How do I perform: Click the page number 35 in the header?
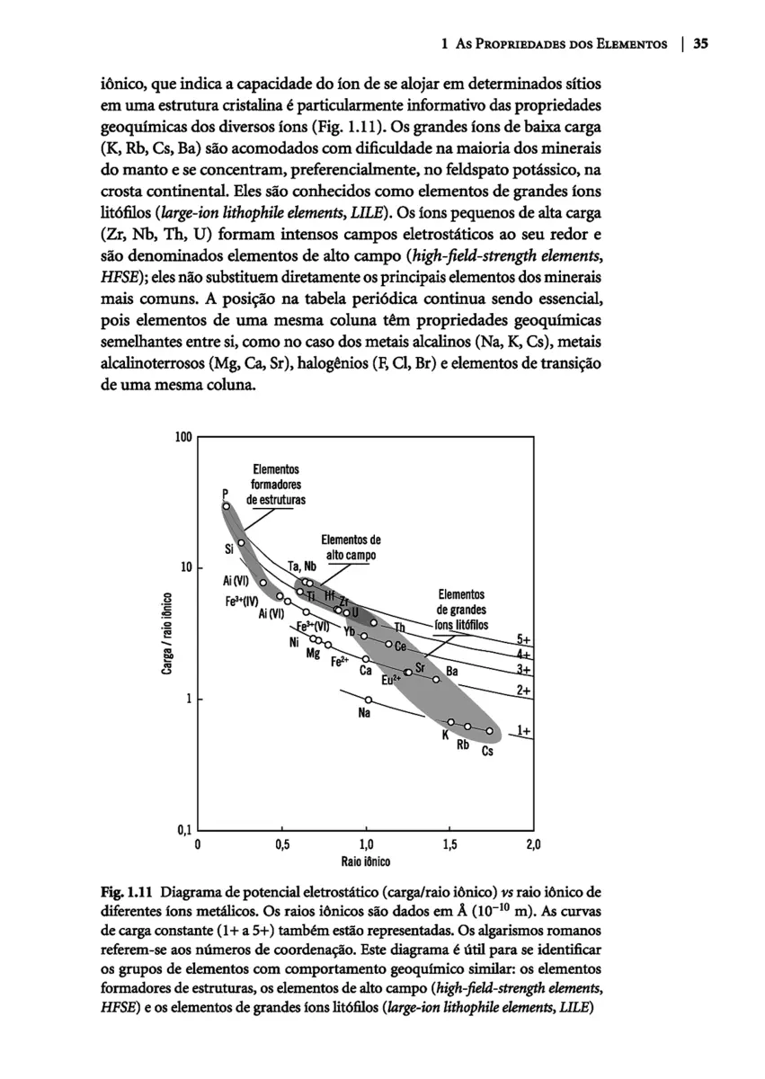[702, 42]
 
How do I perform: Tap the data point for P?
[227, 506]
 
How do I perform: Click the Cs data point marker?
[490, 730]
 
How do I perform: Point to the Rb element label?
[463, 745]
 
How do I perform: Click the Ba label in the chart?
[452, 672]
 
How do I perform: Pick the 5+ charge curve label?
[524, 639]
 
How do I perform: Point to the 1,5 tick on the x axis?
[449, 844]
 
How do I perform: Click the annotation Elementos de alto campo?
[351, 548]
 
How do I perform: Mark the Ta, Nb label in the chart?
[302, 566]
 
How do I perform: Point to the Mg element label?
[314, 653]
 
